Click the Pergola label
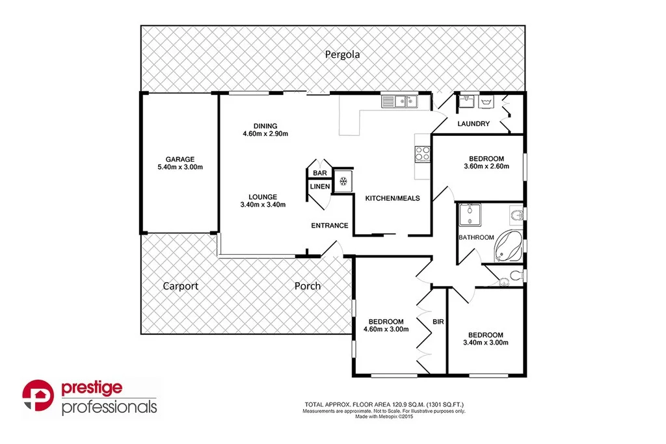[x=342, y=55]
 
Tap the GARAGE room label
[x=180, y=159]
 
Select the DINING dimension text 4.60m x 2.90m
[x=266, y=135]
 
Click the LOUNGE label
[x=263, y=197]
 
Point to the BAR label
[x=320, y=174]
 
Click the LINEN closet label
[x=319, y=187]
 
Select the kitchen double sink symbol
[x=399, y=101]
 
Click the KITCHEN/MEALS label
[x=392, y=198]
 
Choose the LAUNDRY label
[x=473, y=124]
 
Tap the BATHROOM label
[x=476, y=237]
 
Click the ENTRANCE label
[x=330, y=226]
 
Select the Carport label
[x=180, y=286]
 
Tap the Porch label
[x=307, y=286]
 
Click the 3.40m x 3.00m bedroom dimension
[x=485, y=343]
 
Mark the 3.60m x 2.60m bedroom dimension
[x=486, y=166]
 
